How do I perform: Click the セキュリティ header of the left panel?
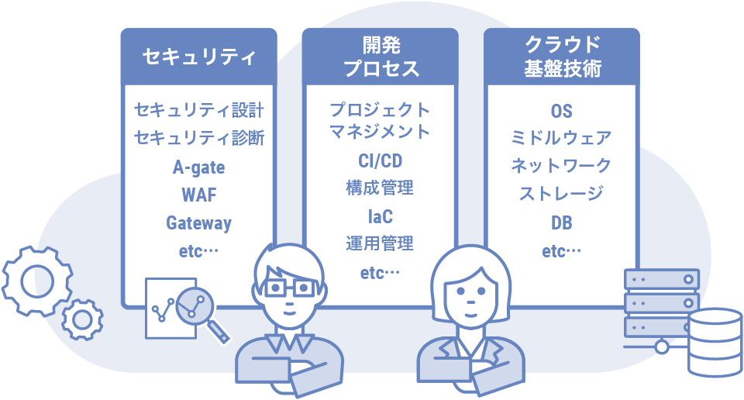[x=198, y=57]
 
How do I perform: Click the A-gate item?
[x=198, y=167]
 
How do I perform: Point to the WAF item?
[x=198, y=195]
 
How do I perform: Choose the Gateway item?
[x=198, y=223]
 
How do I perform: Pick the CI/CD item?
[x=380, y=160]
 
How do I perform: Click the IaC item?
[x=380, y=216]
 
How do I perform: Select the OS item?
[x=562, y=111]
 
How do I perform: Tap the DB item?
[x=562, y=223]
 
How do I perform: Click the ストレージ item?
[x=562, y=194]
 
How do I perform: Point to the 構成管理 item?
[x=380, y=188]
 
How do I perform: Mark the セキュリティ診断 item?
[x=199, y=138]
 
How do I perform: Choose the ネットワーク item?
[x=562, y=166]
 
